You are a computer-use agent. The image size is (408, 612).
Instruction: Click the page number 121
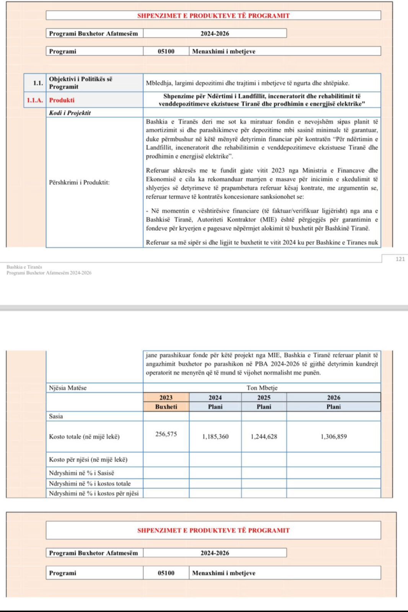click(x=400, y=259)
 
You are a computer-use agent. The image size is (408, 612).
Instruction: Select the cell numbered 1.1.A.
click(x=34, y=100)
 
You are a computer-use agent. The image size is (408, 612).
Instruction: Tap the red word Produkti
click(x=62, y=100)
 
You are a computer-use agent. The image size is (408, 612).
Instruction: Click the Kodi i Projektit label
click(x=70, y=113)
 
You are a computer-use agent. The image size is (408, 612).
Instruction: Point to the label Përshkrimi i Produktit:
click(x=79, y=182)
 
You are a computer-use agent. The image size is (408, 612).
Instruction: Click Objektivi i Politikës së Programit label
click(x=81, y=83)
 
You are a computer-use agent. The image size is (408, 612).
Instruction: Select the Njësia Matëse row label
click(x=68, y=388)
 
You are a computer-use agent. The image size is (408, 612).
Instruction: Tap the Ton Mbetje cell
click(x=262, y=388)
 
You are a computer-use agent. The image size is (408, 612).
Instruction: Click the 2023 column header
click(x=166, y=397)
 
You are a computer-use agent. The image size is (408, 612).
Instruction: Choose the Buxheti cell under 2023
click(x=166, y=407)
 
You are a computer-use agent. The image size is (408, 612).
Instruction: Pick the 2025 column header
click(x=264, y=397)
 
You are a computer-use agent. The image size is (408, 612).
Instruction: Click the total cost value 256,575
click(x=166, y=434)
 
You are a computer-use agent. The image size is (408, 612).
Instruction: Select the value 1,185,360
click(x=215, y=436)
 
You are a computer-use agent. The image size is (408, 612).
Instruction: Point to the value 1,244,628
click(x=264, y=436)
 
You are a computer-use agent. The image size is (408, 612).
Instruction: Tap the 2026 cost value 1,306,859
click(x=333, y=436)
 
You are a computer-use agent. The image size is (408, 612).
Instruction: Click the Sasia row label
click(x=56, y=416)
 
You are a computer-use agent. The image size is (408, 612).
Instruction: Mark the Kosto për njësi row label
click(x=88, y=459)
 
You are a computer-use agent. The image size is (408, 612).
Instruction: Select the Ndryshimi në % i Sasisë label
click(x=81, y=473)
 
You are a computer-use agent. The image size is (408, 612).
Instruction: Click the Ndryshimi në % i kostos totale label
click(x=89, y=483)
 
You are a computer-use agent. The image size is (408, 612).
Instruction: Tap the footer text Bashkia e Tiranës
click(x=24, y=267)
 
